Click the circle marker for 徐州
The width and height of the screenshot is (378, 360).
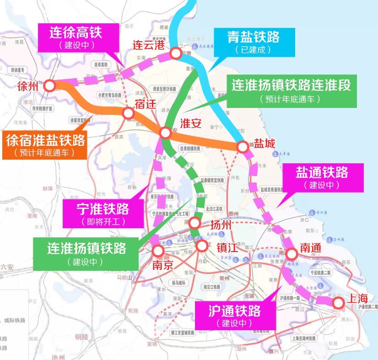(49, 86)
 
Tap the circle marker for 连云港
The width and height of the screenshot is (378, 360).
(175, 54)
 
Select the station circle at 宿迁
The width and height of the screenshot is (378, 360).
(128, 113)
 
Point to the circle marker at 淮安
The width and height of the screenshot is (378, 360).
(165, 133)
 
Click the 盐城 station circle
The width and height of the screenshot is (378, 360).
(242, 147)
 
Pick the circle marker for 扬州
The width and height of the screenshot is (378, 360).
(194, 223)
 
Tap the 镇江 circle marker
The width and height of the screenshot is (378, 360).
(202, 246)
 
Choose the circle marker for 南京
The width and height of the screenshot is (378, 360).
(158, 250)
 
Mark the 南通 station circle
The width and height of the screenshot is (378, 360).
(291, 253)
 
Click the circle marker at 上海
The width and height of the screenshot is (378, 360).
(338, 303)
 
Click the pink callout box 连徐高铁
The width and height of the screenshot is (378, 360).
(76, 38)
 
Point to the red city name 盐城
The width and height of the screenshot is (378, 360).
(265, 144)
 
